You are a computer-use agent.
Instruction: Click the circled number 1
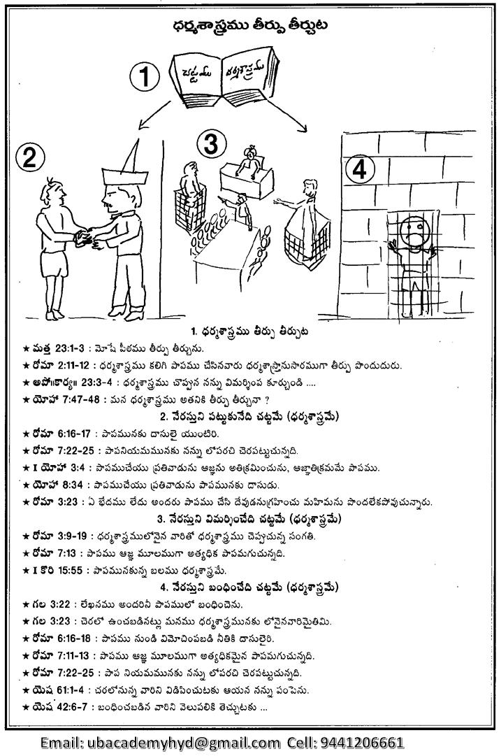[145, 78]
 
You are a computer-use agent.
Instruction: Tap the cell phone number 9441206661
[362, 742]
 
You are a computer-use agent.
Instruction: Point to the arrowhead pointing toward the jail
[305, 128]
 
